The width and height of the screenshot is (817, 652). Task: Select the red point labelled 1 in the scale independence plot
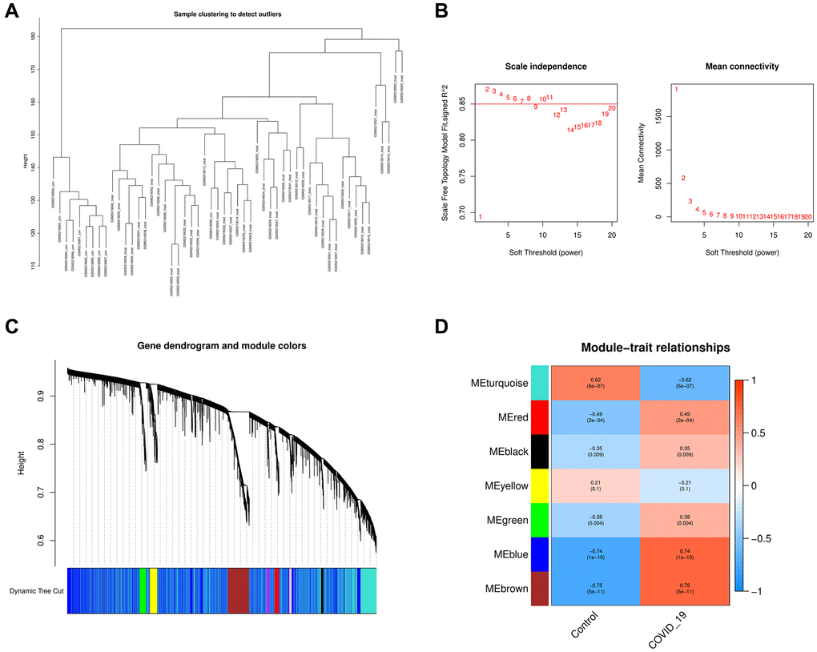(481, 217)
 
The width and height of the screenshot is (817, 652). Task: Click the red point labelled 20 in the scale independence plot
(612, 108)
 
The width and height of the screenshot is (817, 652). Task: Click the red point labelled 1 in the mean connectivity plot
(677, 89)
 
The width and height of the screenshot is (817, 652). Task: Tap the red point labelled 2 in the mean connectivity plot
(683, 178)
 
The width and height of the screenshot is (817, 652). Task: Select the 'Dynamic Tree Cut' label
(34, 591)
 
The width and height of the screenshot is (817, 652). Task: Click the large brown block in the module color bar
(239, 591)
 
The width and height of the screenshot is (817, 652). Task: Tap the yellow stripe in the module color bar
(153, 591)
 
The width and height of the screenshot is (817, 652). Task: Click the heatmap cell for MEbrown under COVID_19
(685, 594)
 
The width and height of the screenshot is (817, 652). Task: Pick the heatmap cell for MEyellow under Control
(596, 488)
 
